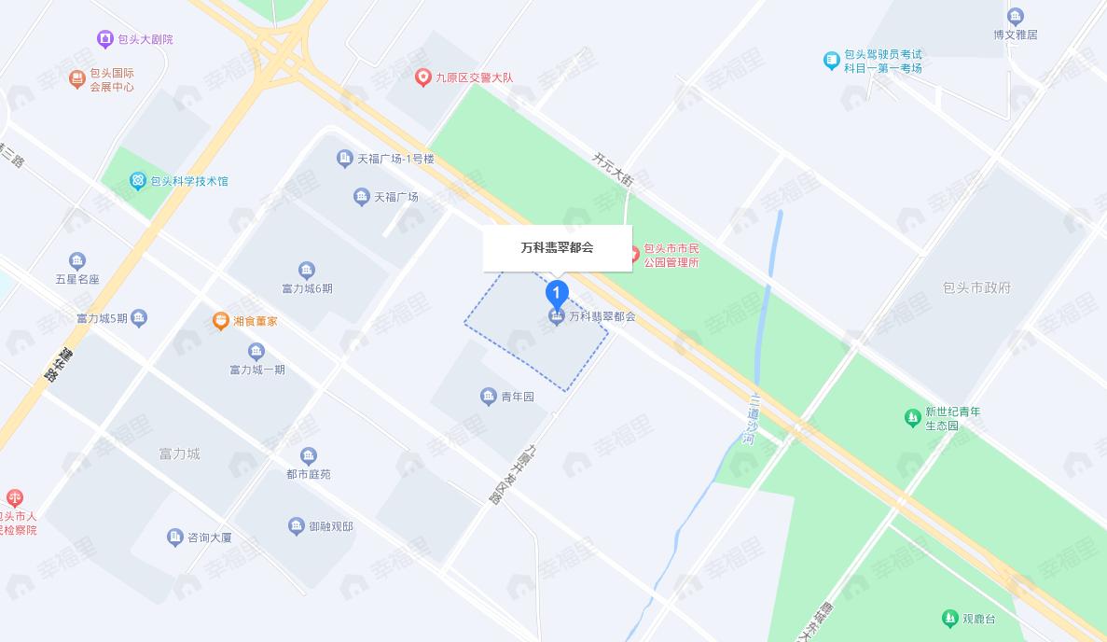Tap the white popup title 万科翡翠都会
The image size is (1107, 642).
pos(557,248)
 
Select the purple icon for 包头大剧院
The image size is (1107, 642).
pos(105,39)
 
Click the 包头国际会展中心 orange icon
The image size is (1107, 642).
pos(77,79)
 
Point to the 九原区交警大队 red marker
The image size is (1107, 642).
pos(423,77)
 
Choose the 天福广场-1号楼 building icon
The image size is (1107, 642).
pos(344,159)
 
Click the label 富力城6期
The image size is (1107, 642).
pos(307,288)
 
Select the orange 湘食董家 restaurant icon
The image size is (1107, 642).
pos(221,321)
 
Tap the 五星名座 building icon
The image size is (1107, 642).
pos(77,261)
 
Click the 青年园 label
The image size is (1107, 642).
pos(518,398)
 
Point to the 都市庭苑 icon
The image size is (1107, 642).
pos(309,456)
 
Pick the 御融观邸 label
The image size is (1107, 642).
pos(331,527)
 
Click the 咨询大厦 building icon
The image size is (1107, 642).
pos(174,537)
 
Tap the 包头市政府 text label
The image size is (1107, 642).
pos(976,287)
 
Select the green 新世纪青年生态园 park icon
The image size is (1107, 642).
pos(913,418)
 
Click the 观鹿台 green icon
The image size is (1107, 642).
pos(949,619)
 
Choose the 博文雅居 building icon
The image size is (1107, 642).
pos(1016,16)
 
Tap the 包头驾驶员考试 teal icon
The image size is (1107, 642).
pos(832,61)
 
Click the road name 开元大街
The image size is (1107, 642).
pos(613,170)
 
